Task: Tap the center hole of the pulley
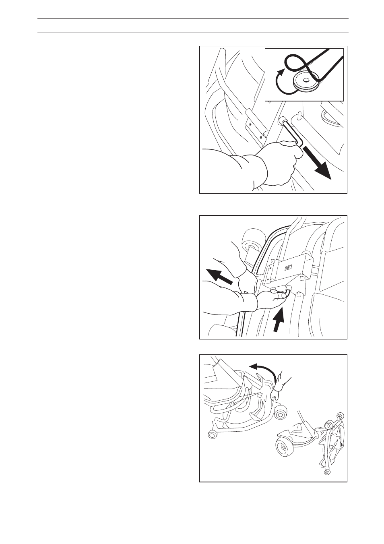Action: click(307, 79)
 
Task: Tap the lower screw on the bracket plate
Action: click(260, 137)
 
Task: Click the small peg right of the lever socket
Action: click(300, 117)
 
